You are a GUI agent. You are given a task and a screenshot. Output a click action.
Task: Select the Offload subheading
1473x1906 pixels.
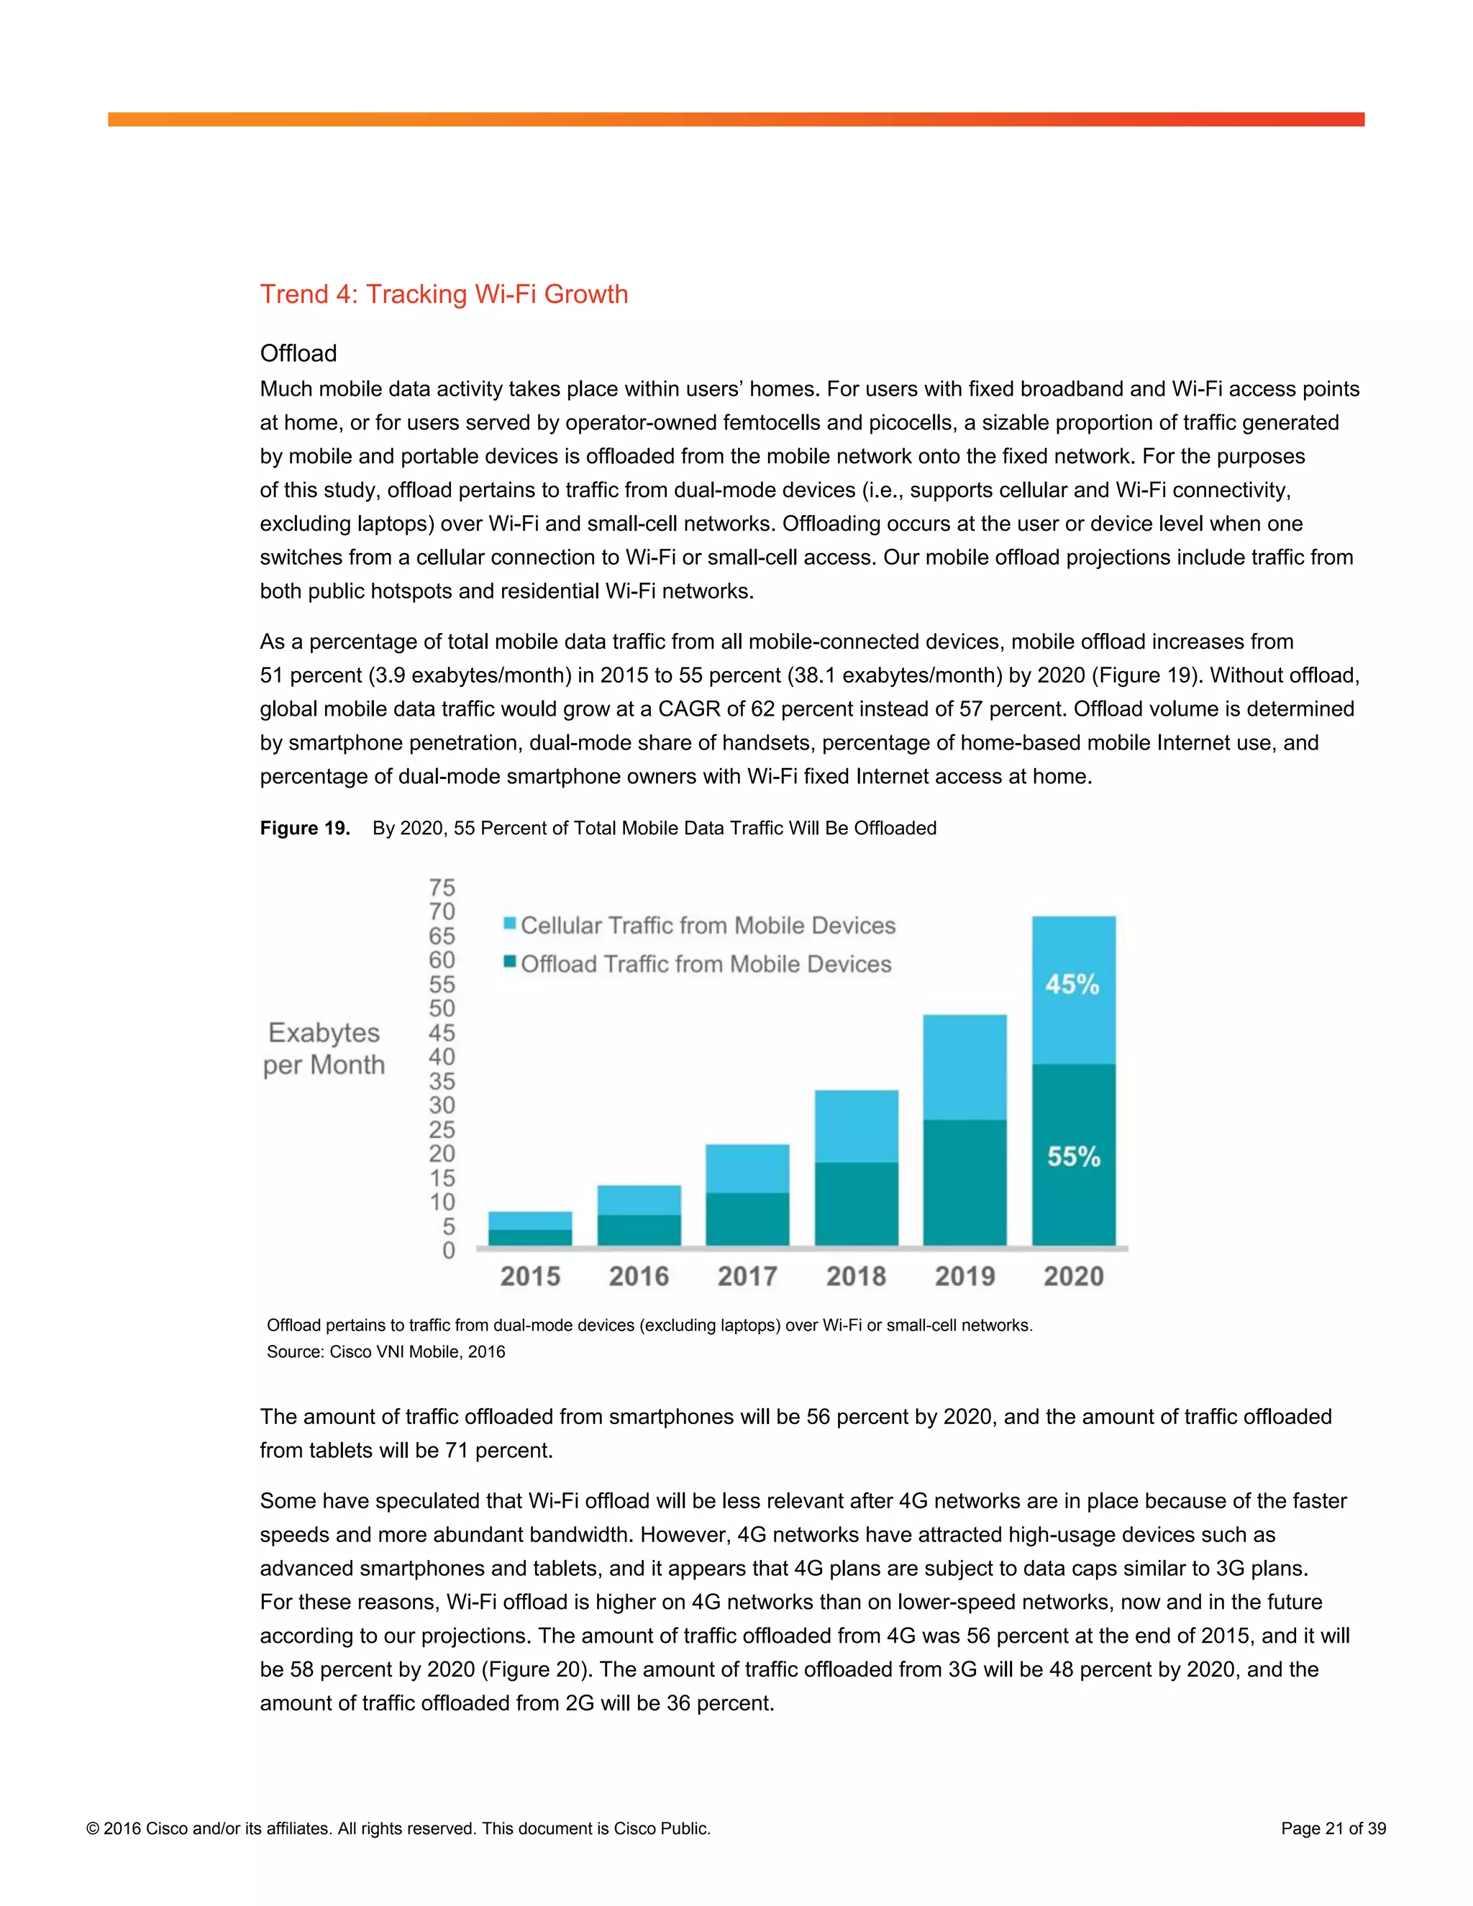(x=298, y=353)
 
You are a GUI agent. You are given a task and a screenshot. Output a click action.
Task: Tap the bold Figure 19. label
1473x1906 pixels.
(x=304, y=828)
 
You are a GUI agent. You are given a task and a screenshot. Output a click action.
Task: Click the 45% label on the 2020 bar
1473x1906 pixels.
(x=1072, y=985)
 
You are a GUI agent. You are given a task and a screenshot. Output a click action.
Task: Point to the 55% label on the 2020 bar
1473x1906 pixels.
(x=1073, y=1157)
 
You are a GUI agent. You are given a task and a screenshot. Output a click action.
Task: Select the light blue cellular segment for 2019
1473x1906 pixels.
(x=964, y=1067)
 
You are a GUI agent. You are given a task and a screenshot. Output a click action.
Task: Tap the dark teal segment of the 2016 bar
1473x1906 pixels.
(x=639, y=1230)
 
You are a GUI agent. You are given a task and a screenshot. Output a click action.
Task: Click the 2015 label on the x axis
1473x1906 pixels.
(x=529, y=1277)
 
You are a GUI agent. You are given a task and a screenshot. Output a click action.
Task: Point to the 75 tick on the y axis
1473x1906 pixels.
(x=442, y=888)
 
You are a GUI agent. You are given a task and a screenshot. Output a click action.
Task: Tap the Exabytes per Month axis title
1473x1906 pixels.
(x=324, y=1048)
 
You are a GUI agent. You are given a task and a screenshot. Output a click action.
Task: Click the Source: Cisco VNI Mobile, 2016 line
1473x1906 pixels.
(x=386, y=1352)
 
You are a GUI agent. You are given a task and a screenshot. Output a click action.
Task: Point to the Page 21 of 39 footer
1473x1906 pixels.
(x=1333, y=1828)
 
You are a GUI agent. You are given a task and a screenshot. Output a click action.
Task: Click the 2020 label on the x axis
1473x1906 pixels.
(x=1073, y=1277)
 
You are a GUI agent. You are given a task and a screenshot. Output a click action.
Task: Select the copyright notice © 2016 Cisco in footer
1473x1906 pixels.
(x=398, y=1828)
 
